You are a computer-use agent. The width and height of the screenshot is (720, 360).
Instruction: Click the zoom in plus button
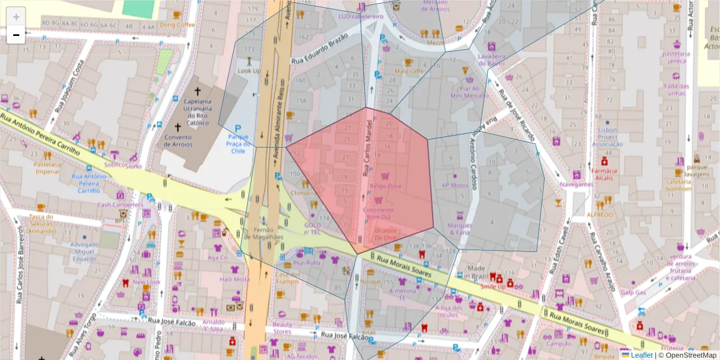point(16,17)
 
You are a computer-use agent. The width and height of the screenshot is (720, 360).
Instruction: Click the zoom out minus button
point(16,35)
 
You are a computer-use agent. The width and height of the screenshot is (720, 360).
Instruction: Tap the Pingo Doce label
point(385,186)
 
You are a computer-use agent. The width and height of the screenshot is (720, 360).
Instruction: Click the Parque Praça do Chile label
point(238,144)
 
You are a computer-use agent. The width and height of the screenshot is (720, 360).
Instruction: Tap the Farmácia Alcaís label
point(604,174)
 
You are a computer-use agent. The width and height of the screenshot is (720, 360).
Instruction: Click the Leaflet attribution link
point(641,355)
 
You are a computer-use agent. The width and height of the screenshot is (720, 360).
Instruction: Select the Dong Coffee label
point(177,25)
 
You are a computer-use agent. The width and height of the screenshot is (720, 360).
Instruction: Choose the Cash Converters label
point(121,204)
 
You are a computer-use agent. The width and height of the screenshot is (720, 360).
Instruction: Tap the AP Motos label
point(454,185)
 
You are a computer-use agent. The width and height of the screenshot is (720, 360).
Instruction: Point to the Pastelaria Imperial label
point(47,168)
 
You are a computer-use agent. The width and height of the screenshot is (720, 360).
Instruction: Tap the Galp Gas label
point(633,292)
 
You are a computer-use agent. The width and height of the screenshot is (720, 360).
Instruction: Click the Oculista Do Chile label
point(386,234)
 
